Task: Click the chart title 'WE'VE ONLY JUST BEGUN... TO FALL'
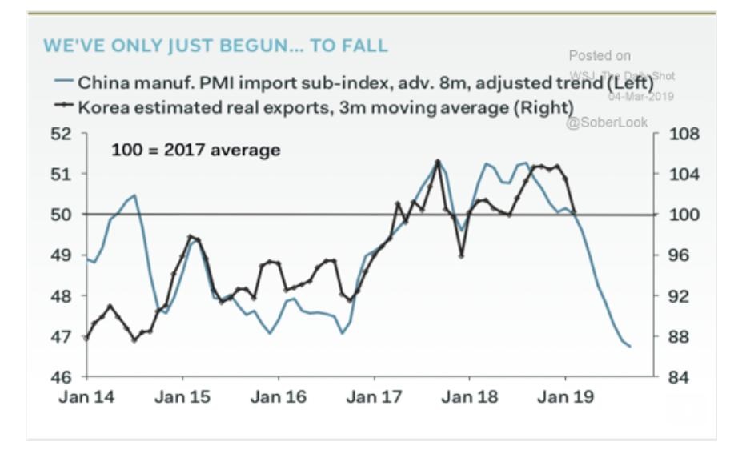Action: pos(215,46)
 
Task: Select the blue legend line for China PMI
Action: pos(64,82)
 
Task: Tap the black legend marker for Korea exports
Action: pos(64,107)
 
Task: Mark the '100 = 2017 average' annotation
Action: pos(195,150)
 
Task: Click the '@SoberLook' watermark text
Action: pos(606,123)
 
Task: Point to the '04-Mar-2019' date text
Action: pos(640,97)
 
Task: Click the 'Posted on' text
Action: pos(600,56)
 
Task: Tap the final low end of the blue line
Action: pos(630,347)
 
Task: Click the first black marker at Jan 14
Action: pos(86,338)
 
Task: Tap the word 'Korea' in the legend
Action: pos(100,107)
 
